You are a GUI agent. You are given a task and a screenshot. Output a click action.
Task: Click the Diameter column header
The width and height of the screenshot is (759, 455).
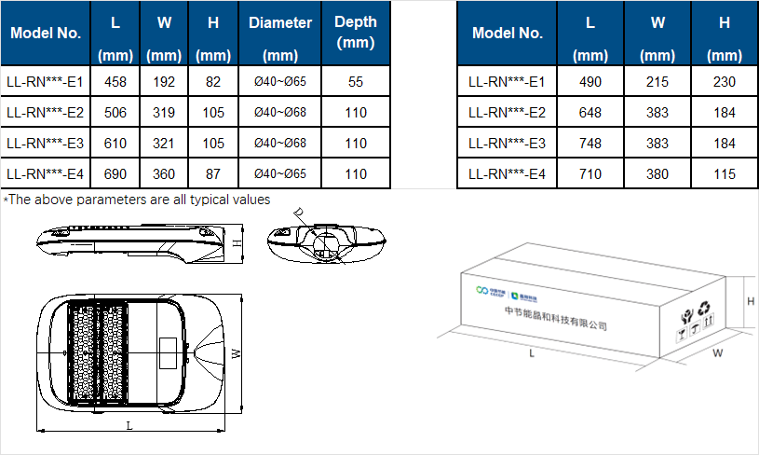click(280, 33)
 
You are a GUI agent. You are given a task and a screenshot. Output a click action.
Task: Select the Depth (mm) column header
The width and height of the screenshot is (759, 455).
click(356, 33)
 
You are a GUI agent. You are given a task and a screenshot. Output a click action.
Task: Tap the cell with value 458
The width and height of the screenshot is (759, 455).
click(115, 82)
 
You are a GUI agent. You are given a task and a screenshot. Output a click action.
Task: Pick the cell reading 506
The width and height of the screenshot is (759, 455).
click(115, 113)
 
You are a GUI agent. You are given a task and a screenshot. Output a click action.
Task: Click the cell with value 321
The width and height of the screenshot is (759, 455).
click(164, 144)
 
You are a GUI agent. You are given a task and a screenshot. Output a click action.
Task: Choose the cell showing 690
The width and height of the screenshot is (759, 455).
click(115, 173)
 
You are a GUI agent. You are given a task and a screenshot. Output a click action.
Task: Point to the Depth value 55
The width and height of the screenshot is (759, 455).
click(356, 82)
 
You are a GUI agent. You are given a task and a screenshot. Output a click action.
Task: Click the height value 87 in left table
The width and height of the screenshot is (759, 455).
click(213, 173)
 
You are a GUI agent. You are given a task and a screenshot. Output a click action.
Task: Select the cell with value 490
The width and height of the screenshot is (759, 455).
click(590, 82)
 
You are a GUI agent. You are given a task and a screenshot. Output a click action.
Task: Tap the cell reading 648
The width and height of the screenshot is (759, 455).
click(590, 113)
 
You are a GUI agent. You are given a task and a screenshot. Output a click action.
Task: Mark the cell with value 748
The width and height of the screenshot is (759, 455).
click(590, 144)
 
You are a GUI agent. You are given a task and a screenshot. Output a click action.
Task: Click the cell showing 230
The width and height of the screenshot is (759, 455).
click(724, 82)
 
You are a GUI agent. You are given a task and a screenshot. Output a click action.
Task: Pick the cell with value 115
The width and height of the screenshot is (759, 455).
click(724, 173)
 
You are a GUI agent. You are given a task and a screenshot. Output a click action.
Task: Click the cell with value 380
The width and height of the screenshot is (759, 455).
click(657, 173)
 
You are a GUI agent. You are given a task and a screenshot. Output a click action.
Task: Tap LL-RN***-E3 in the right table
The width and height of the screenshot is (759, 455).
click(507, 144)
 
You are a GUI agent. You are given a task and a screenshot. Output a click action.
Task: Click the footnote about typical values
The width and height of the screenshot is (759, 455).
click(137, 199)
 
